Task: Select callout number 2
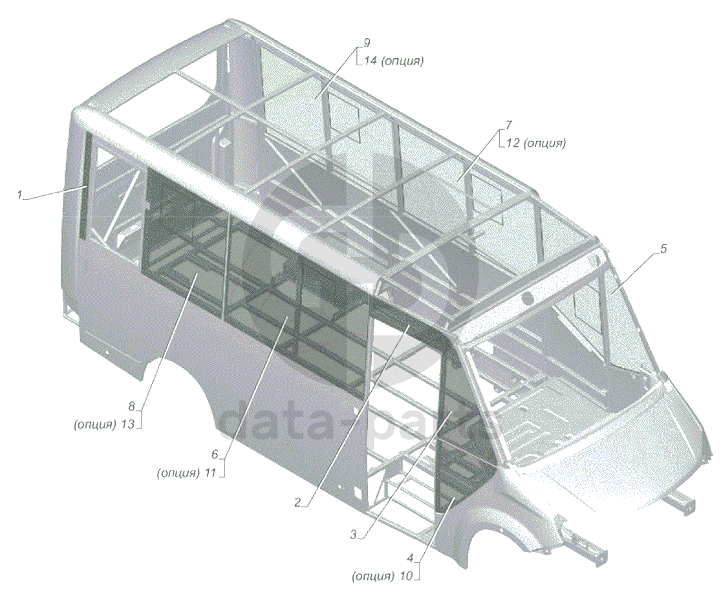[x=298, y=502]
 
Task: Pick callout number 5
[x=663, y=249]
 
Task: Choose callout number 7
[x=509, y=124]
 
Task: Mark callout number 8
[x=131, y=407]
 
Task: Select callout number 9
[x=366, y=43]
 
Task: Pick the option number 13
[x=128, y=425]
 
